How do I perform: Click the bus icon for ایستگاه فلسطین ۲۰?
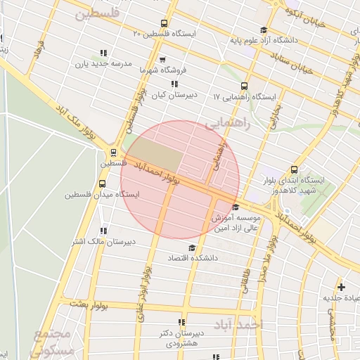(165, 22)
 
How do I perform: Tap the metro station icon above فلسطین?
(113, 152)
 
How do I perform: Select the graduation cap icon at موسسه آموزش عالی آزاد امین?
(235, 207)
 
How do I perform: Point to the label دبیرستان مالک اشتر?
(102, 242)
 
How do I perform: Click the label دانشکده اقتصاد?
(192, 259)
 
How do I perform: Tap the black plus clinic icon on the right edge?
(341, 287)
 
